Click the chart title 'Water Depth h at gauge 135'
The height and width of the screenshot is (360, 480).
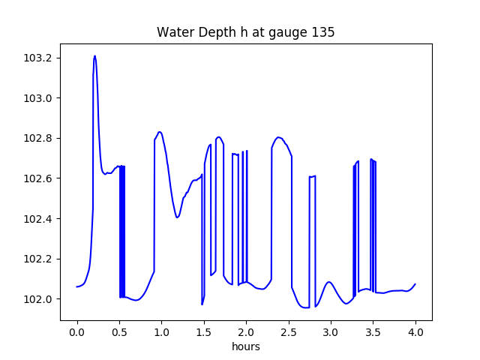(245, 32)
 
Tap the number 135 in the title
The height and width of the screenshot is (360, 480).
(324, 32)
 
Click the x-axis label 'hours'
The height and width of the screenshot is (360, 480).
(245, 347)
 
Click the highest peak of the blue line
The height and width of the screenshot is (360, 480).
(94, 55)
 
